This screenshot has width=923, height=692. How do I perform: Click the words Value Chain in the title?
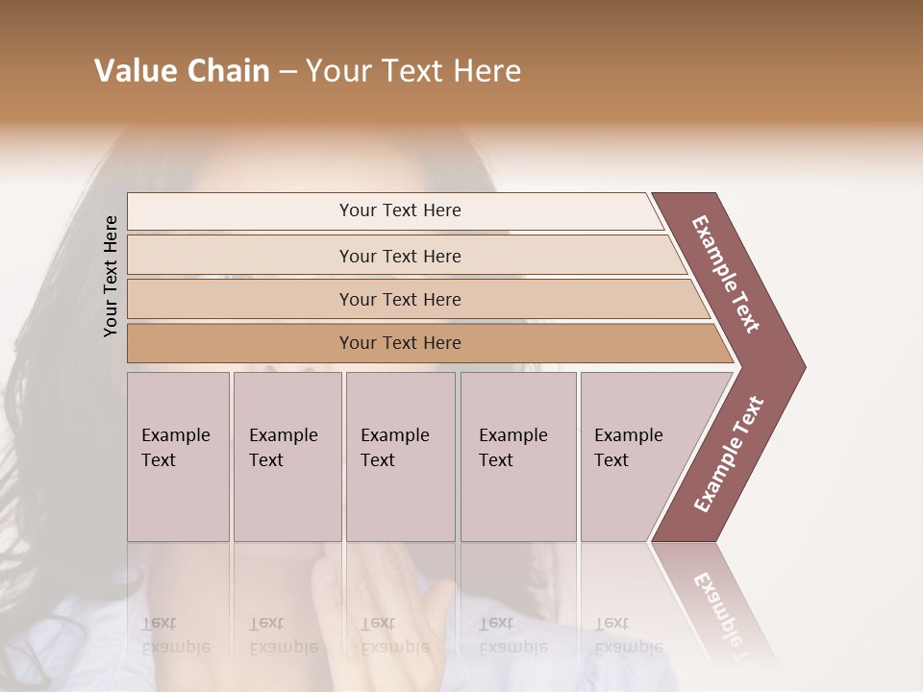(182, 71)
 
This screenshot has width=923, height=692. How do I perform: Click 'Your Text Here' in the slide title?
(413, 71)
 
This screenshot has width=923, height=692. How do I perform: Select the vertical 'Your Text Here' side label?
(111, 276)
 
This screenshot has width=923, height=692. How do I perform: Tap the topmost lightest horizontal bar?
(400, 210)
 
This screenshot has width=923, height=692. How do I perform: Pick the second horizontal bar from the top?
(400, 256)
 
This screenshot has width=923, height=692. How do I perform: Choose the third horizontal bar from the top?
(400, 299)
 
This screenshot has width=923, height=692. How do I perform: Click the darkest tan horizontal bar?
(400, 343)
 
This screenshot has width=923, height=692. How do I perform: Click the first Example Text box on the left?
(178, 456)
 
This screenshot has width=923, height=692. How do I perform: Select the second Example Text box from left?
(287, 456)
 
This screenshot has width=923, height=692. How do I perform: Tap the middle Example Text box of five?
(399, 456)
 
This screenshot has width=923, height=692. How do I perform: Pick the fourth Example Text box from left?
(517, 456)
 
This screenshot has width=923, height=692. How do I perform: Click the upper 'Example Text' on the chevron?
(726, 274)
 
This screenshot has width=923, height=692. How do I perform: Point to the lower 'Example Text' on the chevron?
(729, 455)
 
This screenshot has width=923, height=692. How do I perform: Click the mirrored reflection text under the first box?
(175, 635)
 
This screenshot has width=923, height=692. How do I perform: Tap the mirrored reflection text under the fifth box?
(629, 635)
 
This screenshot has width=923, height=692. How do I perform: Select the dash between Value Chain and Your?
(287, 72)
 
